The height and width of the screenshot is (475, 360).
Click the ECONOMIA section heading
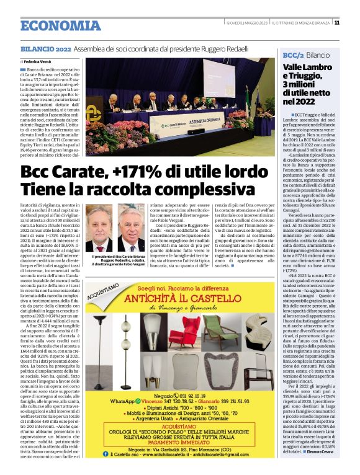(x=60, y=25)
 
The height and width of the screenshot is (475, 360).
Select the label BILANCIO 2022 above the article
(x=45, y=48)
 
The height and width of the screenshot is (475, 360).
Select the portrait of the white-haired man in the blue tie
(x=130, y=231)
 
